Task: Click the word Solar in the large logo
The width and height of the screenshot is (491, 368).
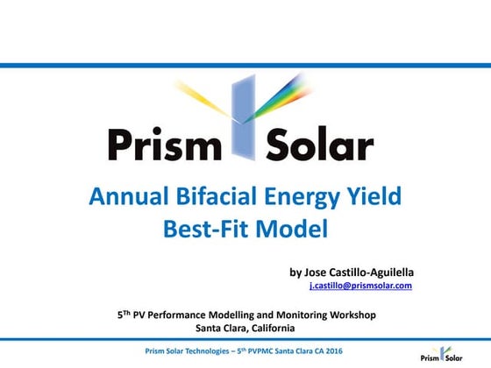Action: coord(318,144)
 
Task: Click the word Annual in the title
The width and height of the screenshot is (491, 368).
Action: coord(126,196)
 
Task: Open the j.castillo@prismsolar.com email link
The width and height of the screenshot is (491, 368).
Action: coord(360,286)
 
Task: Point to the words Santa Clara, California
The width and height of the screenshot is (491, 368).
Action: coord(245,329)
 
